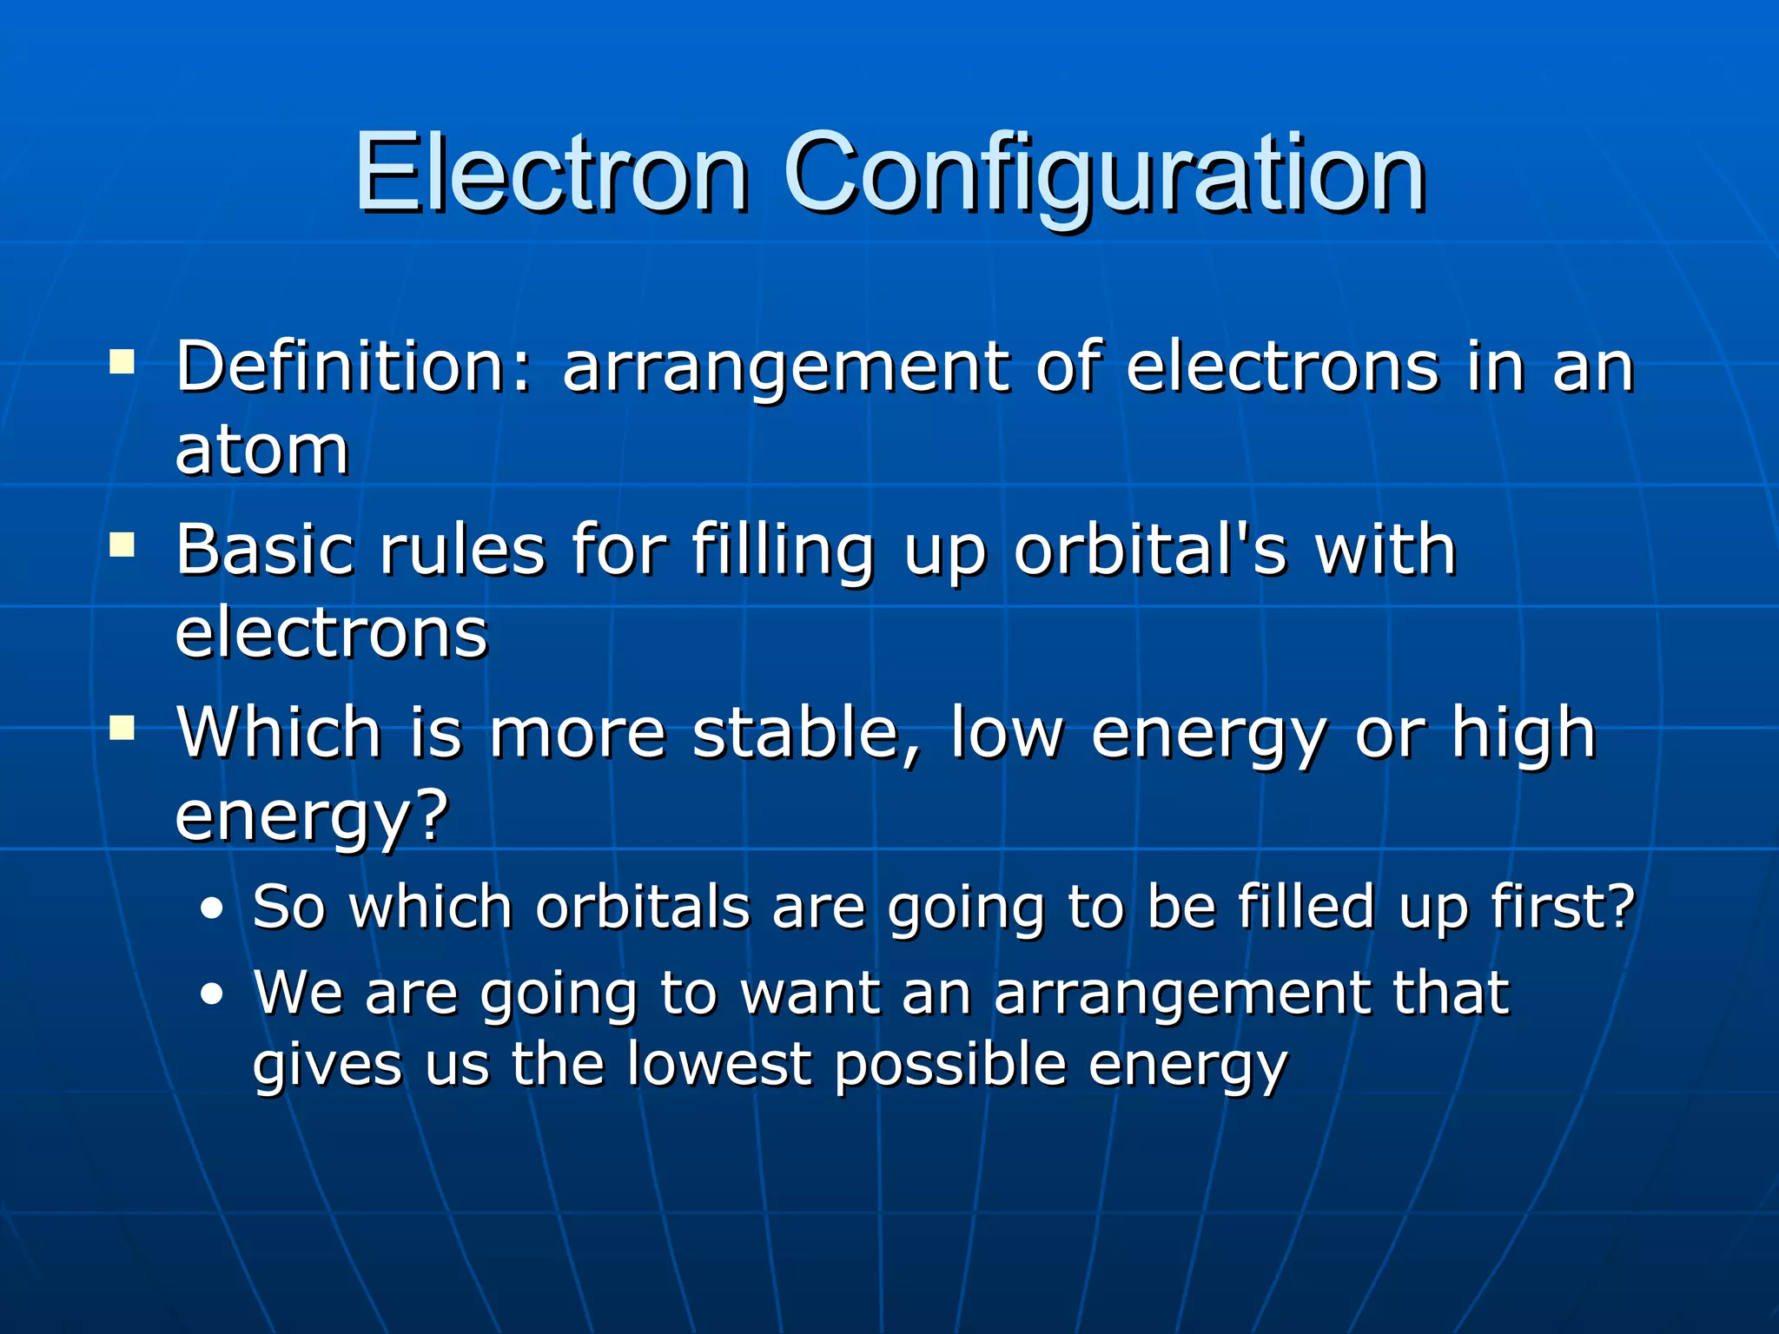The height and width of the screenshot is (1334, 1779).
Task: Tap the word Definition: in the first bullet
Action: (x=353, y=367)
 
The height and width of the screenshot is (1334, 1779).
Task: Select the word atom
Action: (x=261, y=451)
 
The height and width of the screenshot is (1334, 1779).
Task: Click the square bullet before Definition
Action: (x=122, y=360)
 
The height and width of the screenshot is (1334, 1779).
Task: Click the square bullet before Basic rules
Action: (x=122, y=545)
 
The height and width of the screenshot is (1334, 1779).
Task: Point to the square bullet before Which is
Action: (x=122, y=728)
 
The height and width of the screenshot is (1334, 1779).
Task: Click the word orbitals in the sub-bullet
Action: (x=643, y=907)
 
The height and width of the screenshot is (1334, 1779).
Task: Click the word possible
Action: (x=950, y=1067)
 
